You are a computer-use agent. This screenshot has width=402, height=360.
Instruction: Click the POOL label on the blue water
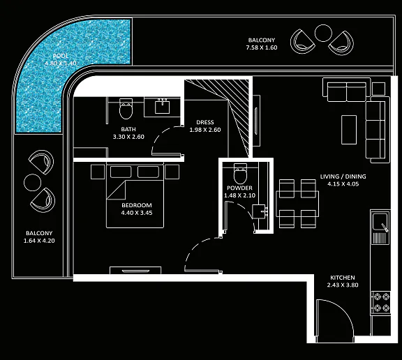point(61,56)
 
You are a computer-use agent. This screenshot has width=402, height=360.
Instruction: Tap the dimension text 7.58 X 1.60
point(262,47)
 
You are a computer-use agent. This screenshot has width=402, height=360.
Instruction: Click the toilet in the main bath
point(126,109)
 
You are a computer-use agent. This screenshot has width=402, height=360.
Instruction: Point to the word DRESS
point(205,122)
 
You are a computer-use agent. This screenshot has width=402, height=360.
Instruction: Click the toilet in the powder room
point(240,173)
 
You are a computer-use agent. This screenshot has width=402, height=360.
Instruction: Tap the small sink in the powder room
point(259,211)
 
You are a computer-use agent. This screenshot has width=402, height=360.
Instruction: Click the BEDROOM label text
point(137,205)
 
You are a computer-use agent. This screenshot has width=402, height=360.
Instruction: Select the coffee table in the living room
point(349,130)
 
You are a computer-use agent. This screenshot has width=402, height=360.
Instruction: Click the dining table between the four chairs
point(297,204)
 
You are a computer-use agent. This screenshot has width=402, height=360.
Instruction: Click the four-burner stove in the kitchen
point(381,302)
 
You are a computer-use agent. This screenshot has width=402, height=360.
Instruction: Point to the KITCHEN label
point(343,278)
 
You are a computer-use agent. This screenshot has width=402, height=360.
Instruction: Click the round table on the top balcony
point(323,33)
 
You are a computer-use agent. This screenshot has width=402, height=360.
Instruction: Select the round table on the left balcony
point(33,182)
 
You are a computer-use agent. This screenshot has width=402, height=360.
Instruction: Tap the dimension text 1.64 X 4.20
point(39,241)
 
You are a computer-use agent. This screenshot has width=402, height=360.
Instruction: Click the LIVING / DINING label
point(343,177)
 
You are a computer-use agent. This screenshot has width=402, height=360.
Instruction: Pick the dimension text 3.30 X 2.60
point(128,137)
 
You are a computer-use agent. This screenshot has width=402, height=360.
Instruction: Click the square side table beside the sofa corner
point(378,89)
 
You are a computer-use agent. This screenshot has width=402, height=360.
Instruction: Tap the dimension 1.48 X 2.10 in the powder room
point(239,195)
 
